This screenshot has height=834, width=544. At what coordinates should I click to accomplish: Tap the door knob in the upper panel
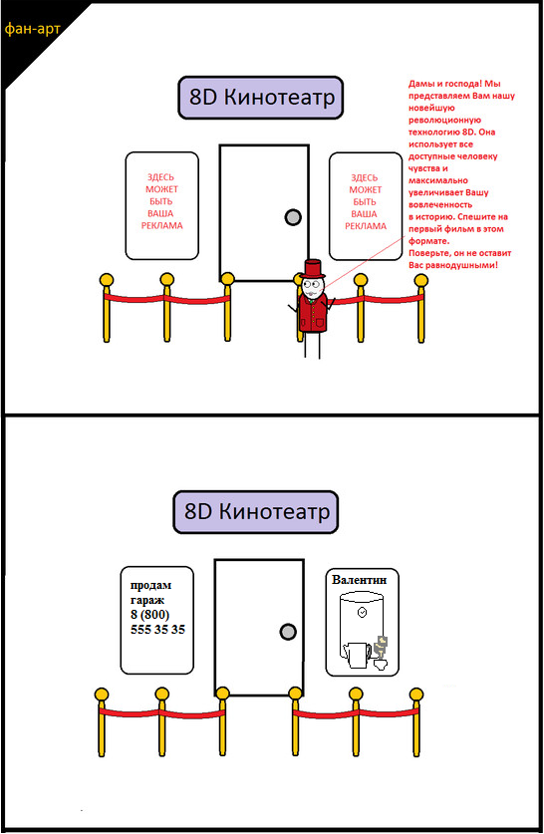293,217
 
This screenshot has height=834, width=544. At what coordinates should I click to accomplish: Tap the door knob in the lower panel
288,632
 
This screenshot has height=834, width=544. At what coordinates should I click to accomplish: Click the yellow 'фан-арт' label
32,28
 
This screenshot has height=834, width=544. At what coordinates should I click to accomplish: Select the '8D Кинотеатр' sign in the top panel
261,98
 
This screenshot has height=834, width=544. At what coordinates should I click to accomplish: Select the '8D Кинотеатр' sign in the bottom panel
256,512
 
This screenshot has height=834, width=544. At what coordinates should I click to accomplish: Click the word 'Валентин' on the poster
359,579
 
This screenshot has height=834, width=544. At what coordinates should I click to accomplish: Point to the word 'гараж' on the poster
147,600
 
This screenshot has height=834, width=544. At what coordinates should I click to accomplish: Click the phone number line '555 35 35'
158,629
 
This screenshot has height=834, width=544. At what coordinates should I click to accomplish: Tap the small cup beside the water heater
381,665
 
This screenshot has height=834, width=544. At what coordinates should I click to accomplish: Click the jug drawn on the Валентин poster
357,655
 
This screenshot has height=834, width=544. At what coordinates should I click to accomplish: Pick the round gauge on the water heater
362,612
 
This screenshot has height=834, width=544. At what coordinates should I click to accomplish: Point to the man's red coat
313,314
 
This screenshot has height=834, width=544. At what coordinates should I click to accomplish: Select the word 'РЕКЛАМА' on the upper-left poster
161,225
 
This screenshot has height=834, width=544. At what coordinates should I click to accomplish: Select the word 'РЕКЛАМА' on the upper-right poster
366,226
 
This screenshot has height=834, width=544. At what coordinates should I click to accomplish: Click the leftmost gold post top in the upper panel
107,280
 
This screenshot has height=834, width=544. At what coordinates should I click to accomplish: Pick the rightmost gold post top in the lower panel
416,695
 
